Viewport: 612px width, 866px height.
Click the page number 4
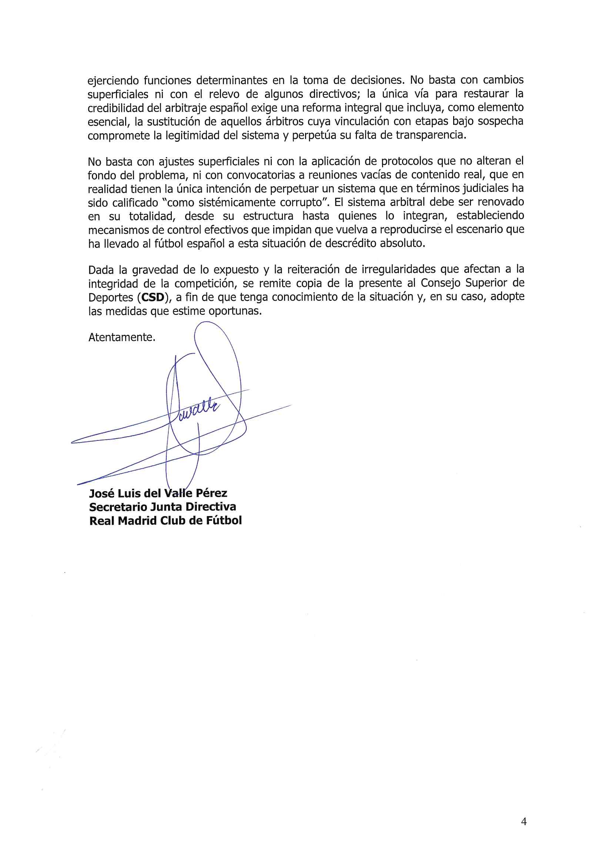[x=524, y=821]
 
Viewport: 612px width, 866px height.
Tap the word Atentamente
[x=121, y=337]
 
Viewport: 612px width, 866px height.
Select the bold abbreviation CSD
[x=152, y=297]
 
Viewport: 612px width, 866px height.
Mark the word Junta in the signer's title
[x=166, y=507]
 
